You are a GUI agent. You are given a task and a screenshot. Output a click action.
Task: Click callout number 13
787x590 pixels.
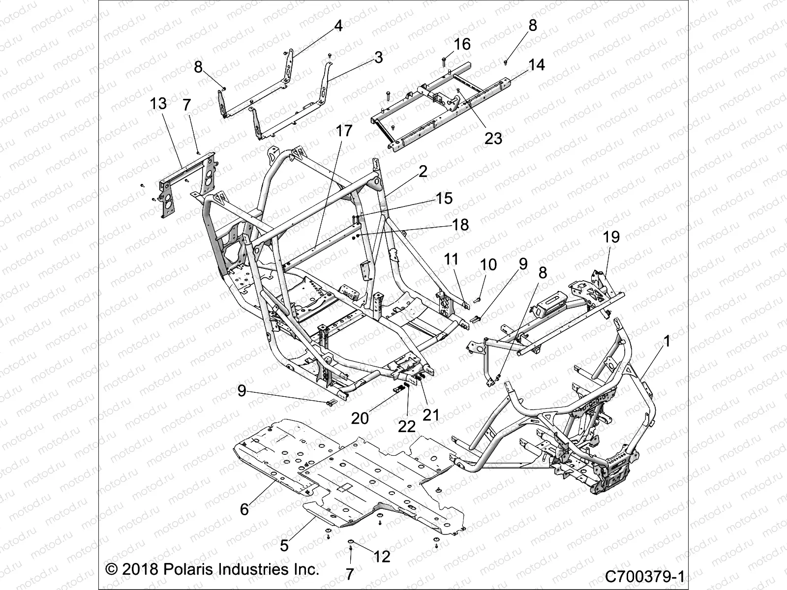[158, 104]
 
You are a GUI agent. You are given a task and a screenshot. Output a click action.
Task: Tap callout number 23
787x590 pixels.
[493, 138]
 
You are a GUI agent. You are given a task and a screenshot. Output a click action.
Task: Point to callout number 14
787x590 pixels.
[536, 64]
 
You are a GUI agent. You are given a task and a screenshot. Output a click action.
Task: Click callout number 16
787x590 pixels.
[462, 44]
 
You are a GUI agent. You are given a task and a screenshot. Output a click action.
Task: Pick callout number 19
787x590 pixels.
[611, 237]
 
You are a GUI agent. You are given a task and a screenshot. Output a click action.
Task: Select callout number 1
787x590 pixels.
[666, 341]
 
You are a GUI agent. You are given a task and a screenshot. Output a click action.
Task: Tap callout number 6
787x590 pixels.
[244, 509]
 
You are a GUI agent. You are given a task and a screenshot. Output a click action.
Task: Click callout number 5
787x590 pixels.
[284, 545]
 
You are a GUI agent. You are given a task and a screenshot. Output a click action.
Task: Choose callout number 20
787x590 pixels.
[360, 418]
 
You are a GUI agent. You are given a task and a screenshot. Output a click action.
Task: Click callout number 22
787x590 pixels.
[407, 426]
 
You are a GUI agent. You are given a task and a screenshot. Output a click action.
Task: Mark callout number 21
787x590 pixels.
[431, 415]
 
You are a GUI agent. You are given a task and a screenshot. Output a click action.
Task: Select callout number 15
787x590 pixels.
[444, 198]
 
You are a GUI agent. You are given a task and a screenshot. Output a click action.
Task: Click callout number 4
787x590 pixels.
[338, 26]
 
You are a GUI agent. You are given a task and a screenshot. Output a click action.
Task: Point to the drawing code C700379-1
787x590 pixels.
[645, 576]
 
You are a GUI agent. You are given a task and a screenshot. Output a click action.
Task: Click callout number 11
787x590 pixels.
[451, 259]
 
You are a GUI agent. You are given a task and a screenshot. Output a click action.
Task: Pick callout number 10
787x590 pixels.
[488, 265]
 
